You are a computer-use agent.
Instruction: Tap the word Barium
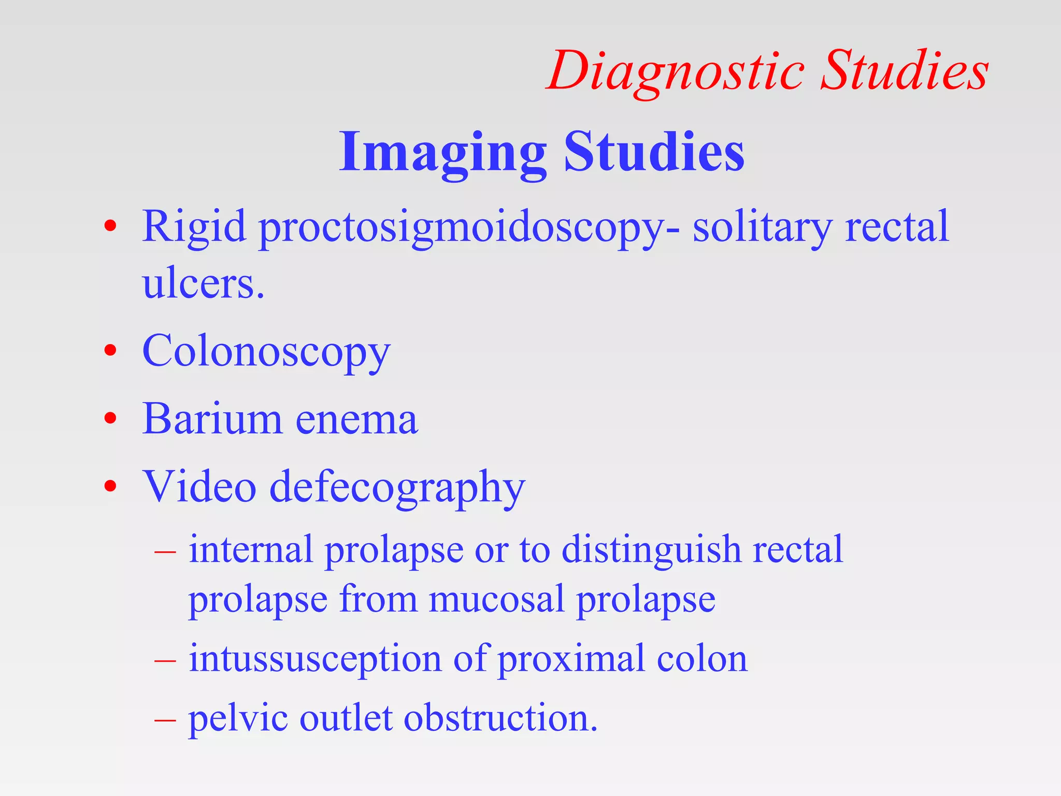212,418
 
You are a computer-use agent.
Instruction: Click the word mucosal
496,600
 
